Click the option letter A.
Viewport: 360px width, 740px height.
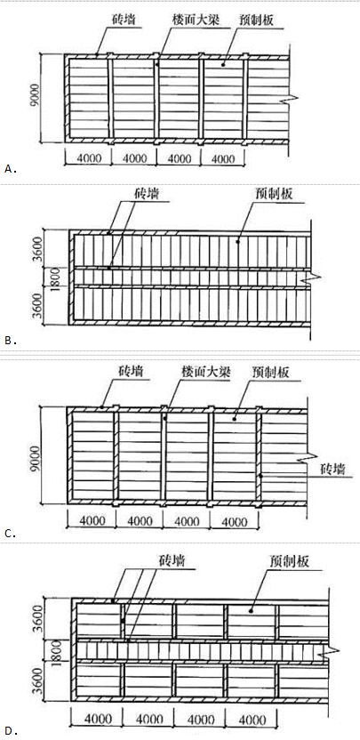(x=8, y=168)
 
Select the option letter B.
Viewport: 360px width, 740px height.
(x=8, y=341)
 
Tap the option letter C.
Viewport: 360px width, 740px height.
(x=8, y=534)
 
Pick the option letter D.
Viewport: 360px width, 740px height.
(x=8, y=732)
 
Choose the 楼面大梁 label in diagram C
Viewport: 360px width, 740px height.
(x=206, y=372)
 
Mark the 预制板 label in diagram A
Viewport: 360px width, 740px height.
(x=258, y=21)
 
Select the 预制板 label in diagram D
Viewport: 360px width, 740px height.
(x=290, y=561)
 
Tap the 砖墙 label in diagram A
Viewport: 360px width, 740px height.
(x=122, y=21)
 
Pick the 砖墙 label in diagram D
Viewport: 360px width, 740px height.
(x=172, y=561)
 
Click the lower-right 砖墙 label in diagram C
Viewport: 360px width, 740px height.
(x=333, y=469)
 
